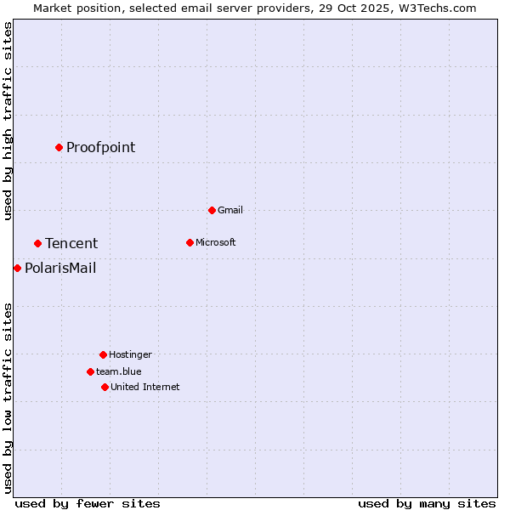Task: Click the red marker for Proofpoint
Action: [59, 147]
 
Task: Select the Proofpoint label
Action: [100, 148]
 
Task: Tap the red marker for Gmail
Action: [212, 210]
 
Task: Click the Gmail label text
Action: [230, 210]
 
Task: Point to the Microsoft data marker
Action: [190, 242]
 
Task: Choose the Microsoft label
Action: [216, 242]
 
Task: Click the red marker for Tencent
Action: [37, 243]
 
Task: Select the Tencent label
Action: [71, 244]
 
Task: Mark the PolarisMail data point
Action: [17, 268]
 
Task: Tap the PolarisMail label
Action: [60, 269]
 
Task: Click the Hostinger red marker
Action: [103, 354]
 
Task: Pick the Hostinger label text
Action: [130, 354]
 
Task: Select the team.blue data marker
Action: [90, 371]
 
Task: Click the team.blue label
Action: [119, 371]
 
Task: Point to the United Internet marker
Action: [105, 387]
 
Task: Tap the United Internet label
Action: [145, 387]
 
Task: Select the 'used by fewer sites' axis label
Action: [88, 503]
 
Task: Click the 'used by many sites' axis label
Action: [427, 503]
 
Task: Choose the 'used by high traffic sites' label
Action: [8, 121]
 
